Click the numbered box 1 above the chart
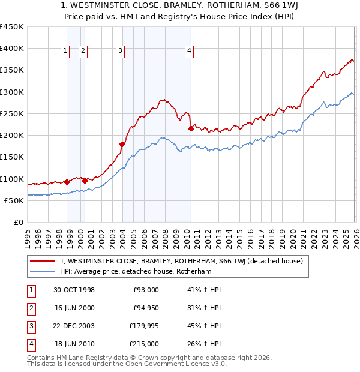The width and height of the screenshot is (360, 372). click(65, 52)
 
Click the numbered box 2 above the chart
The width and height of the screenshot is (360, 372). click(83, 52)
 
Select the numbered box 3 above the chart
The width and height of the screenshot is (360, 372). click(121, 52)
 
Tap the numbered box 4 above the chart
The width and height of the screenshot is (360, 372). click(189, 52)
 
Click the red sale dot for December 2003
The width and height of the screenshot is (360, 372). click(122, 144)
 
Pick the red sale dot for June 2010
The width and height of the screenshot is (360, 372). click(191, 128)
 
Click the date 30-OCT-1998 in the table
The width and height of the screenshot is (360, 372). click(74, 290)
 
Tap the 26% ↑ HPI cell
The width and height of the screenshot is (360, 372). click(204, 344)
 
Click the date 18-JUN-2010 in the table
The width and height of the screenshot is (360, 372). click(74, 344)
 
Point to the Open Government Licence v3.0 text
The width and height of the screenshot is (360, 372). click(170, 364)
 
